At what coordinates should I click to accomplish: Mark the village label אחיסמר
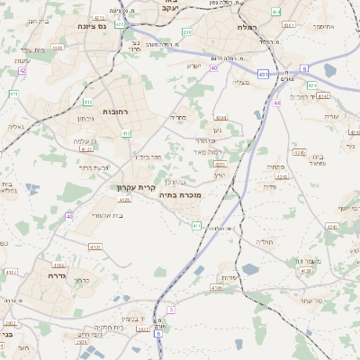tap(321, 26)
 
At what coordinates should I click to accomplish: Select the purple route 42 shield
tap(22, 69)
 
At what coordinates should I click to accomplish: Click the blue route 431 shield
tap(262, 74)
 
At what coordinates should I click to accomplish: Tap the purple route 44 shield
tap(277, 103)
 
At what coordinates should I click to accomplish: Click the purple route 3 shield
tap(170, 310)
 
